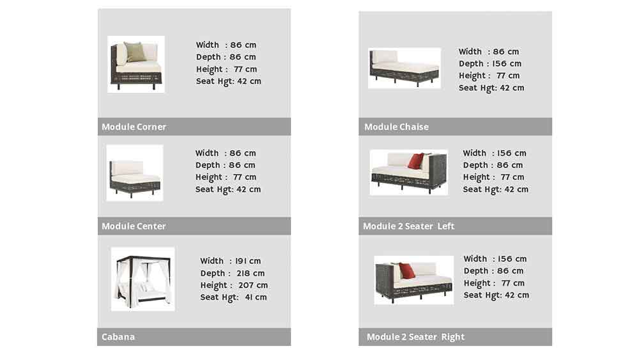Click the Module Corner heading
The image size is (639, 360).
point(134,127)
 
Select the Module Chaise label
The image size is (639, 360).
point(396,127)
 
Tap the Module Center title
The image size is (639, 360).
point(134,226)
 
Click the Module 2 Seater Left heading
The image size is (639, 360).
point(408,226)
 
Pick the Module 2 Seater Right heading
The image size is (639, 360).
point(415,337)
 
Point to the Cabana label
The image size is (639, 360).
point(118,337)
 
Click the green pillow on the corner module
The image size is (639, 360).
point(135,51)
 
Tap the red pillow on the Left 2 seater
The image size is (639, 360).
point(416,160)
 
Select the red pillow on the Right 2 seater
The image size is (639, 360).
point(406,270)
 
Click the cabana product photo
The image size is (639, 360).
point(142,279)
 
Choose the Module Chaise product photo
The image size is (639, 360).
point(404,68)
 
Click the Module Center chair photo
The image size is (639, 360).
point(134,173)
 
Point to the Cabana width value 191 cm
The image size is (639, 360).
point(248,261)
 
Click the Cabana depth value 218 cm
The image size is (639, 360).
point(250,273)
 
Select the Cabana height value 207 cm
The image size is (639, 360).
point(253,285)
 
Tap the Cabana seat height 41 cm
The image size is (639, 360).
point(256,297)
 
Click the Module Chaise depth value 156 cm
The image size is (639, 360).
point(507,63)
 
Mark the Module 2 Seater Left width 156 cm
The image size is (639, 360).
point(511,153)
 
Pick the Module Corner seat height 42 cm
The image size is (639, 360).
point(249,81)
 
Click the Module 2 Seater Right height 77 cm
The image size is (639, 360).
point(513,283)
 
